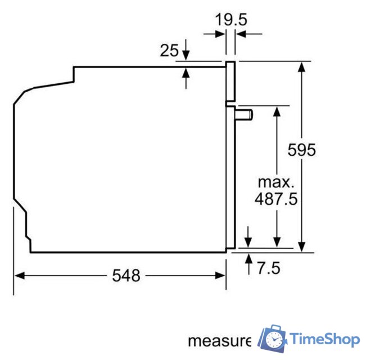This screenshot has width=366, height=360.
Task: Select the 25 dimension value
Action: [x=169, y=51]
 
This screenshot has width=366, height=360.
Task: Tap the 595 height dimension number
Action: [x=302, y=150]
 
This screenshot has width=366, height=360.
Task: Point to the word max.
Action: [x=275, y=182]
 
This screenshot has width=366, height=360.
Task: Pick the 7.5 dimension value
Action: [x=268, y=268]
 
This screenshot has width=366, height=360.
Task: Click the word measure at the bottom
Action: [x=219, y=341]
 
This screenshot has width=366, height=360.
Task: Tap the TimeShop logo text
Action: [x=324, y=339]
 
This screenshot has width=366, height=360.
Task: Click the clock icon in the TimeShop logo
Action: [x=274, y=339]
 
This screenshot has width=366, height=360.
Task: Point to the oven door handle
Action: [x=244, y=115]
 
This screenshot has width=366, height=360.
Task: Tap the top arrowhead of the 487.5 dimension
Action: [x=277, y=110]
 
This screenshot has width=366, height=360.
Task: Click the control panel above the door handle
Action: [x=230, y=82]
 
